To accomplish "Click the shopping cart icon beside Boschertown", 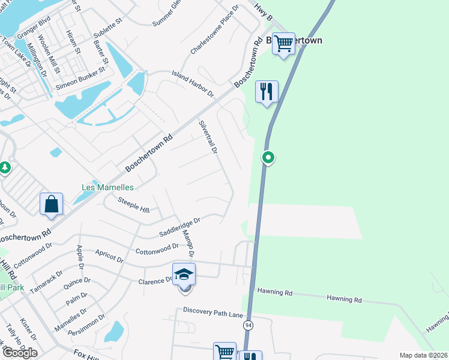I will pyautogui.click(x=283, y=43).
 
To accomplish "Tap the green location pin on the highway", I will pyautogui.click(x=268, y=158).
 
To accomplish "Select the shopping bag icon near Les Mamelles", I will pyautogui.click(x=52, y=203).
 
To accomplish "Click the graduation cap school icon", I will pyautogui.click(x=184, y=275).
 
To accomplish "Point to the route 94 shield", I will pyautogui.click(x=248, y=325).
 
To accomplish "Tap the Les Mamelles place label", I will pyautogui.click(x=107, y=187).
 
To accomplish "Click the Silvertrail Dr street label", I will pyautogui.click(x=208, y=137).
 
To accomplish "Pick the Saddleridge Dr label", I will pyautogui.click(x=179, y=227).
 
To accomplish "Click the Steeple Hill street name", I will pyautogui.click(x=134, y=205).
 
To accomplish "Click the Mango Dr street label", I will pyautogui.click(x=188, y=244).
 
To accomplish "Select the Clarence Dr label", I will pyautogui.click(x=155, y=281).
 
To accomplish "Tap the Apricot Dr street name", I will pyautogui.click(x=109, y=260).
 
